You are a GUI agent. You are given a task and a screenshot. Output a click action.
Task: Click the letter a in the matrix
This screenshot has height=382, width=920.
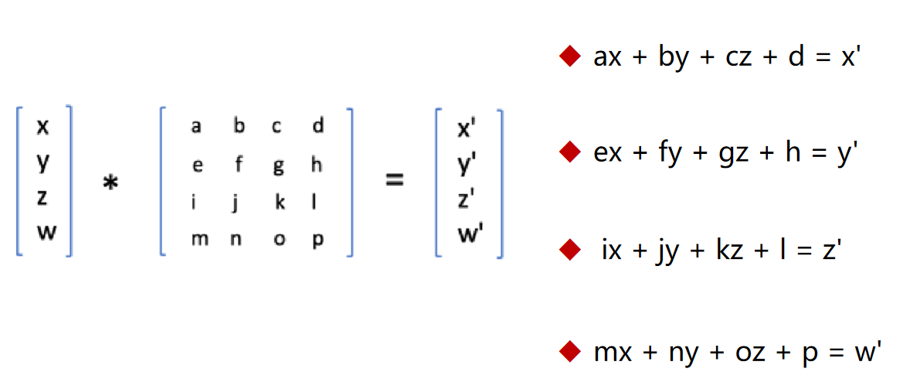[x=197, y=126]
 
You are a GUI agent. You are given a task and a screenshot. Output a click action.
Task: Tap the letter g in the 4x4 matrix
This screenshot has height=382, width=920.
[x=278, y=165]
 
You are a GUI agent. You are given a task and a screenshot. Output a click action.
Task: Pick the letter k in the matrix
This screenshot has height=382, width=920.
[x=280, y=203]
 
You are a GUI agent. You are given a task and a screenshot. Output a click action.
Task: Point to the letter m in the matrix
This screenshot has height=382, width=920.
[x=199, y=240]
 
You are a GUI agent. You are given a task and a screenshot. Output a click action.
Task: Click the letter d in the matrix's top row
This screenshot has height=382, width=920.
[x=317, y=125]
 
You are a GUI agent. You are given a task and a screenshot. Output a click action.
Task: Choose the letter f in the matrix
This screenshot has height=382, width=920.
[x=238, y=164]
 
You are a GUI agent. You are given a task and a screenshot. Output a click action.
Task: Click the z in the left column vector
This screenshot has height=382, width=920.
[x=43, y=197]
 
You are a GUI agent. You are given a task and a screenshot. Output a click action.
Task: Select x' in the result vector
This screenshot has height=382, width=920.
[x=466, y=129]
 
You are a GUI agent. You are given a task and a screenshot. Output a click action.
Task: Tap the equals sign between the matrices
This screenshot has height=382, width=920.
[x=395, y=180]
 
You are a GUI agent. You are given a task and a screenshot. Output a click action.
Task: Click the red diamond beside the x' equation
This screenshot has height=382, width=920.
[x=569, y=56]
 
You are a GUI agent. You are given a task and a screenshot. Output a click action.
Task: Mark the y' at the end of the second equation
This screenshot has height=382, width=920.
[x=848, y=153]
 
